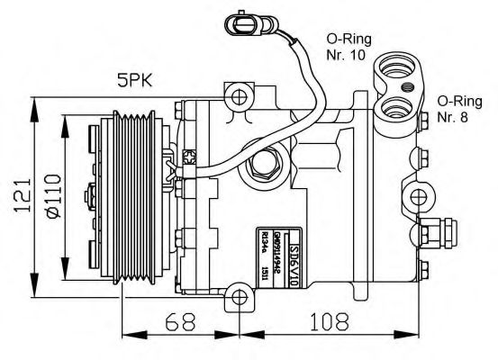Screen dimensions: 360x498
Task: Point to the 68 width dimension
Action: tap(177, 320)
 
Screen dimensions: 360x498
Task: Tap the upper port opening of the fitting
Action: tap(396, 67)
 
